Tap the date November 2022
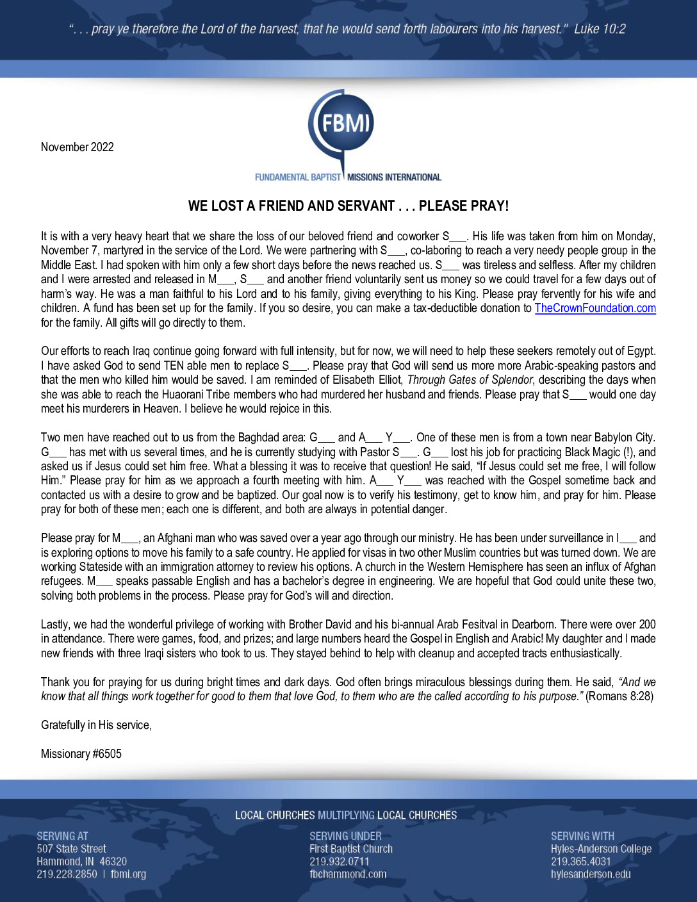77,147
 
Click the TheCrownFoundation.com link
594,308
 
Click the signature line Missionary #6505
81,753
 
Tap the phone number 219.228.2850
67,874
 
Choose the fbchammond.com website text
348,874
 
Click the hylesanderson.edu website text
590,874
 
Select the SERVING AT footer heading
62,836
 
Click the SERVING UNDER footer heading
345,836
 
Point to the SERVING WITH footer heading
582,836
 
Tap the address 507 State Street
71,849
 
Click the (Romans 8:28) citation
619,696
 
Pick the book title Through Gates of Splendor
470,380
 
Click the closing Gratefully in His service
96,725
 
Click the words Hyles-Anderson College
601,849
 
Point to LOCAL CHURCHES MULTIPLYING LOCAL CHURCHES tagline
346,816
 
